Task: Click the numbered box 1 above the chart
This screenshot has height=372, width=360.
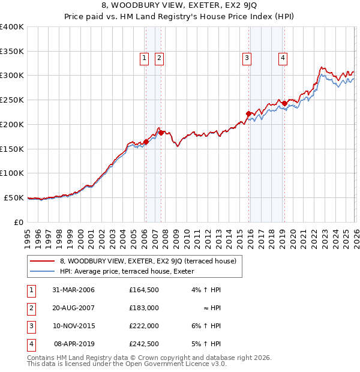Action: [145, 58]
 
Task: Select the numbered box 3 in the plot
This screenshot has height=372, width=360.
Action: [247, 58]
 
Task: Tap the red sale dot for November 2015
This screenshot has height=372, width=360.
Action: [248, 113]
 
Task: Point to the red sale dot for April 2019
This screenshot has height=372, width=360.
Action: [284, 103]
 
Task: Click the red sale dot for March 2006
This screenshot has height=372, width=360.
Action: [146, 142]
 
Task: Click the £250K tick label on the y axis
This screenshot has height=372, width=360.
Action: [12, 100]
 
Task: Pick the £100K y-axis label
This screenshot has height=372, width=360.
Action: [12, 173]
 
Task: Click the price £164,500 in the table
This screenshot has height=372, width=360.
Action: [143, 290]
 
